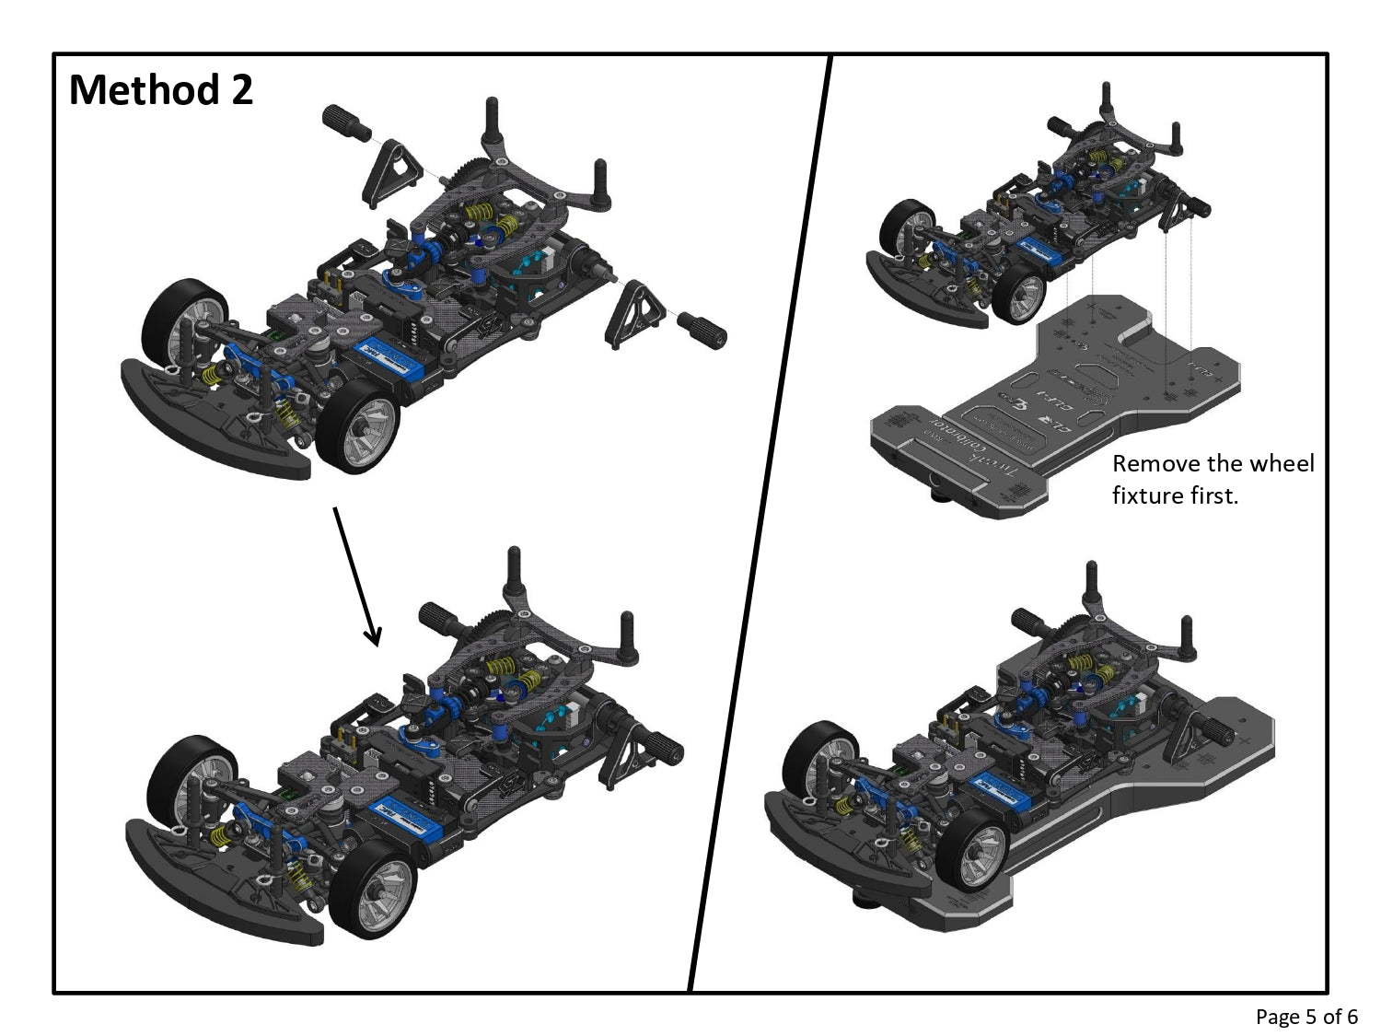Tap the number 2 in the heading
click(242, 90)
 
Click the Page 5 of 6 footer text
click(1306, 1017)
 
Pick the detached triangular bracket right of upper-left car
click(634, 314)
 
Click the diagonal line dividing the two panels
click(760, 525)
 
